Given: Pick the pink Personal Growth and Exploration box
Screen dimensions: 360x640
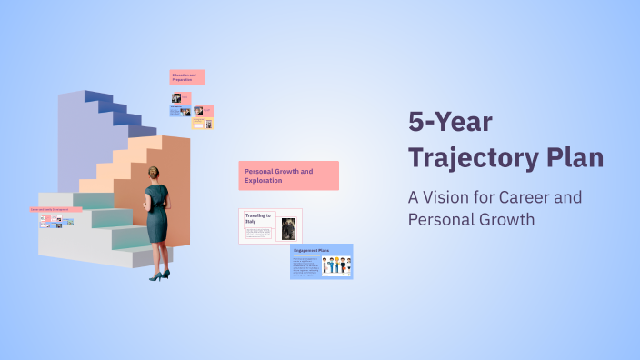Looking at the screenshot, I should coord(289,175).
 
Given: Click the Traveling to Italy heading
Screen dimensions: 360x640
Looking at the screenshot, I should coord(258,218).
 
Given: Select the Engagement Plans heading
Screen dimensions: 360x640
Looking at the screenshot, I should coord(311,249).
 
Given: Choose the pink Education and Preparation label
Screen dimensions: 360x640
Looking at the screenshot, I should coord(186,77).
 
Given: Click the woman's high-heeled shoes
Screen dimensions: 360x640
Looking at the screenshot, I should coord(159,275).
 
